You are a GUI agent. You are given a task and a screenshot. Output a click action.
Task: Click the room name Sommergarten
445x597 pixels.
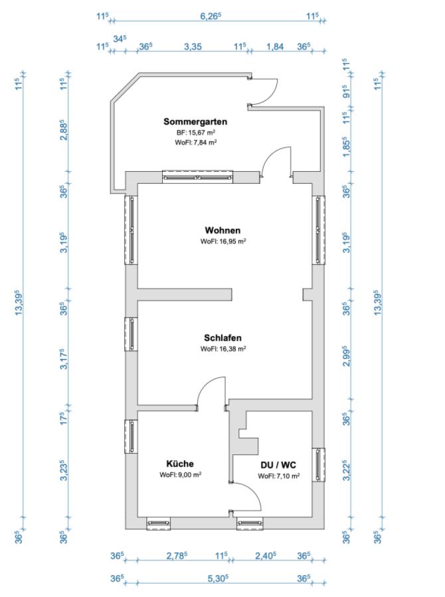(195, 121)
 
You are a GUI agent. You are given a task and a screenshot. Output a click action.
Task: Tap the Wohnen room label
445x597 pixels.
(222, 230)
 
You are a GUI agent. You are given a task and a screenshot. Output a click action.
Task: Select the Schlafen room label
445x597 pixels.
(222, 337)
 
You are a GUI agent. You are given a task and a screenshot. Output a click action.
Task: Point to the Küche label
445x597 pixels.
(180, 464)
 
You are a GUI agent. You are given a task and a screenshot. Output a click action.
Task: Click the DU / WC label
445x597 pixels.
(278, 464)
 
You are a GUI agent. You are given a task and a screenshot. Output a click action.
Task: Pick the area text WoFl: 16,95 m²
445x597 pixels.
(223, 241)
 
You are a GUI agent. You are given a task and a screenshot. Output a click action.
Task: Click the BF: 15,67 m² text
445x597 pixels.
(195, 133)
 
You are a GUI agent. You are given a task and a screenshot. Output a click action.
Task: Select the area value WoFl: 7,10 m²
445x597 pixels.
(278, 476)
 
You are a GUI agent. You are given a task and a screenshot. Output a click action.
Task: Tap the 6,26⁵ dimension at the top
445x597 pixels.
(211, 16)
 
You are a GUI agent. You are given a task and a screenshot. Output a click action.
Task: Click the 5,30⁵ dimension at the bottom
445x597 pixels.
(217, 578)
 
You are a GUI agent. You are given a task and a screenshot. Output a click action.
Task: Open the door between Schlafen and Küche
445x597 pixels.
(213, 393)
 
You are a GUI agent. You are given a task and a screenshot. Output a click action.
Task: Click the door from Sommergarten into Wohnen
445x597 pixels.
(276, 163)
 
